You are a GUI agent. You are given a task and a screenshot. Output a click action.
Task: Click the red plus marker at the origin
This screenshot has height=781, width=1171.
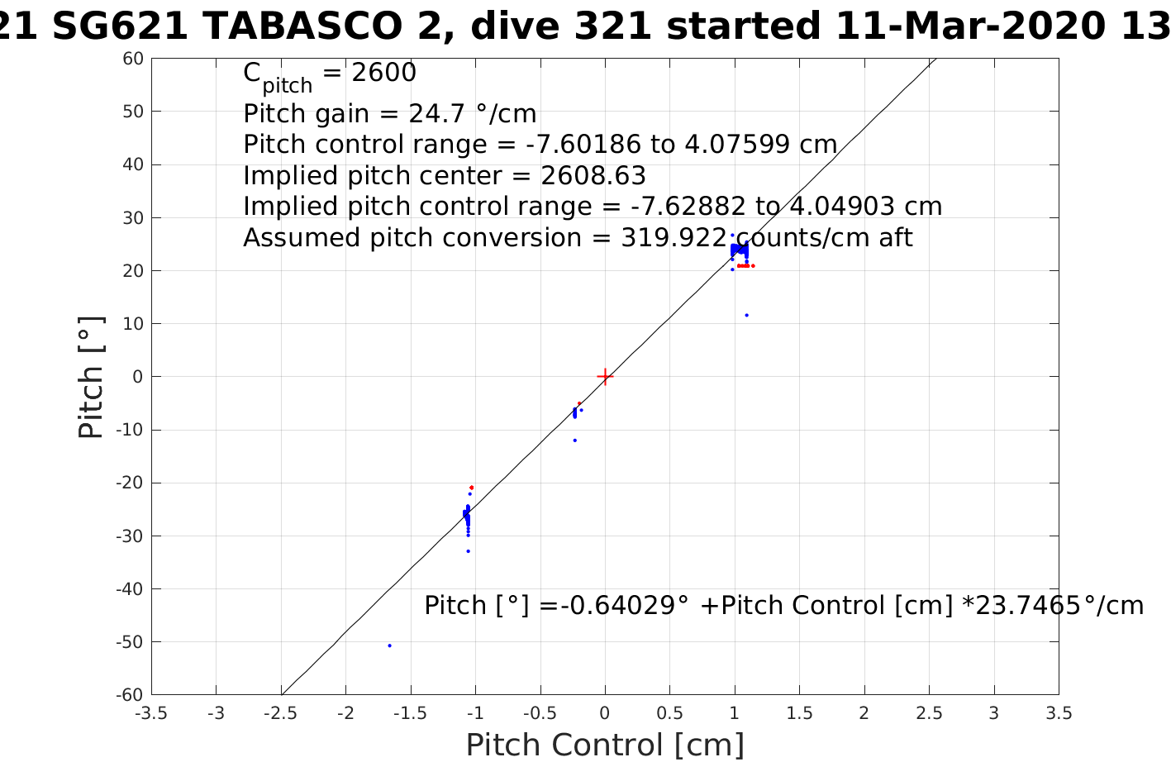pos(605,377)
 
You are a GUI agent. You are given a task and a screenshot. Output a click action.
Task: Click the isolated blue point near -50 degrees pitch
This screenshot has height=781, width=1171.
pos(389,645)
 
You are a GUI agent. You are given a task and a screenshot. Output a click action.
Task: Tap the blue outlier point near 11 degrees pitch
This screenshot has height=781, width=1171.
pos(746,315)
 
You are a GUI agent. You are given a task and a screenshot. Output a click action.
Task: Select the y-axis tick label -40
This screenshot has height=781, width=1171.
pos(130,589)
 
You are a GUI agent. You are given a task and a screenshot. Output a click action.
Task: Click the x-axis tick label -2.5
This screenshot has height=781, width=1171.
pos(281,713)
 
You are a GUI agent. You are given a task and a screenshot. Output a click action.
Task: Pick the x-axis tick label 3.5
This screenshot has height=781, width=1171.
pos(1059,713)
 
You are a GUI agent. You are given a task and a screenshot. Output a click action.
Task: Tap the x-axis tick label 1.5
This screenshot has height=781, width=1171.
pos(799,713)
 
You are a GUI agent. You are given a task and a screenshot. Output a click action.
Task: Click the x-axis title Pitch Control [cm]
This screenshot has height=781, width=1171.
pos(605,745)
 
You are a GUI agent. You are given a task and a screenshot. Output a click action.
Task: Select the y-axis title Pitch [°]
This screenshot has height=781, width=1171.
pos(91,377)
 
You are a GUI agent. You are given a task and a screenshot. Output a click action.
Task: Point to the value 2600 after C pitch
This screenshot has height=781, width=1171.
pos(384,73)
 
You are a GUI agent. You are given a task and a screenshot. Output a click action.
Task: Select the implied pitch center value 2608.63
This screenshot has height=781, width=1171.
pos(593,175)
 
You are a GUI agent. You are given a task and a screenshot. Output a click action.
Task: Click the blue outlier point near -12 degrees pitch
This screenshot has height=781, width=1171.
pos(574,440)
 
